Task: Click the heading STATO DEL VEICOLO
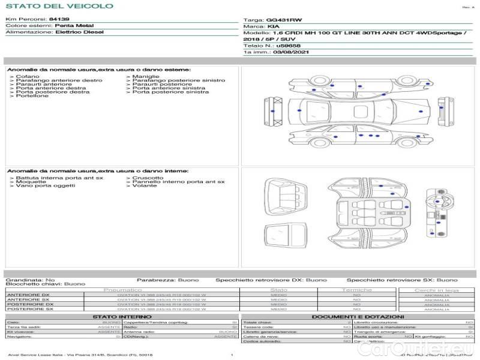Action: tap(59, 6)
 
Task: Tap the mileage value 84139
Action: tap(59, 20)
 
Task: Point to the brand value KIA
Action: tap(273, 26)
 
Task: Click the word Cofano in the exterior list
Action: tap(28, 76)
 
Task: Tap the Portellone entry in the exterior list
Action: tap(32, 96)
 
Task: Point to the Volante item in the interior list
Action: tap(145, 186)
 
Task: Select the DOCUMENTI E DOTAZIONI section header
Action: tap(358, 316)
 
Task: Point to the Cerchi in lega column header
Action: tap(436, 290)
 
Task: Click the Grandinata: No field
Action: tap(30, 280)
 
